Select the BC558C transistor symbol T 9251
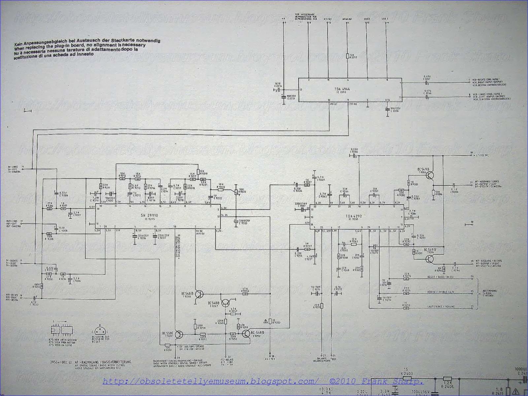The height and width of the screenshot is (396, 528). (x=179, y=335)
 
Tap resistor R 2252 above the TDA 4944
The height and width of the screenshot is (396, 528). (x=347, y=56)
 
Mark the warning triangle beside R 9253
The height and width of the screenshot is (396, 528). (x=266, y=321)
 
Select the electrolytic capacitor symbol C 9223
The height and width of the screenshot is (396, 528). (x=236, y=222)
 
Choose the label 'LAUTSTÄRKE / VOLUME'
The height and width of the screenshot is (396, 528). (x=436, y=307)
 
